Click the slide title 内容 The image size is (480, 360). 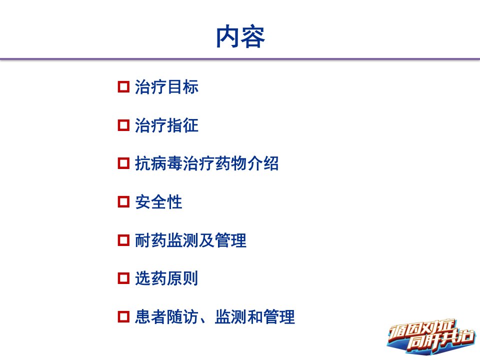pos(240,36)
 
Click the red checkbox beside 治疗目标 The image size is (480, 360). pos(123,87)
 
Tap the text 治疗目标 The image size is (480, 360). pos(166,87)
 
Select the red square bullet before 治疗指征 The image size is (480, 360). pos(123,125)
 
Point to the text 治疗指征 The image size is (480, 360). pos(166,125)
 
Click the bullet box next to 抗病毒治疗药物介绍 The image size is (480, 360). pos(123,163)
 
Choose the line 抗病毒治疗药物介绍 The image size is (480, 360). pos(206,163)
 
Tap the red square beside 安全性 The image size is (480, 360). pos(123,201)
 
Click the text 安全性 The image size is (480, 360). pos(158,201)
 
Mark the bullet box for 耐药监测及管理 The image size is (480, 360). pos(123,240)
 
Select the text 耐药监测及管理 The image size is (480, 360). pos(190,240)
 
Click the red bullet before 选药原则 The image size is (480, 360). pos(123,278)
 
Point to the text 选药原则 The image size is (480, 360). pos(166,278)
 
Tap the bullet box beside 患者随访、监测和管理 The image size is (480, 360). pos(123,316)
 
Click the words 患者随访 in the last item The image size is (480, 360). pos(166,316)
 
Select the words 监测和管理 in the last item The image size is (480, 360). pos(254,316)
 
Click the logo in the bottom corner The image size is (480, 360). pos(431,336)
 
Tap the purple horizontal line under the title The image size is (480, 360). pos(240,59)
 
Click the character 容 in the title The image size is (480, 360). pos(253,36)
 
